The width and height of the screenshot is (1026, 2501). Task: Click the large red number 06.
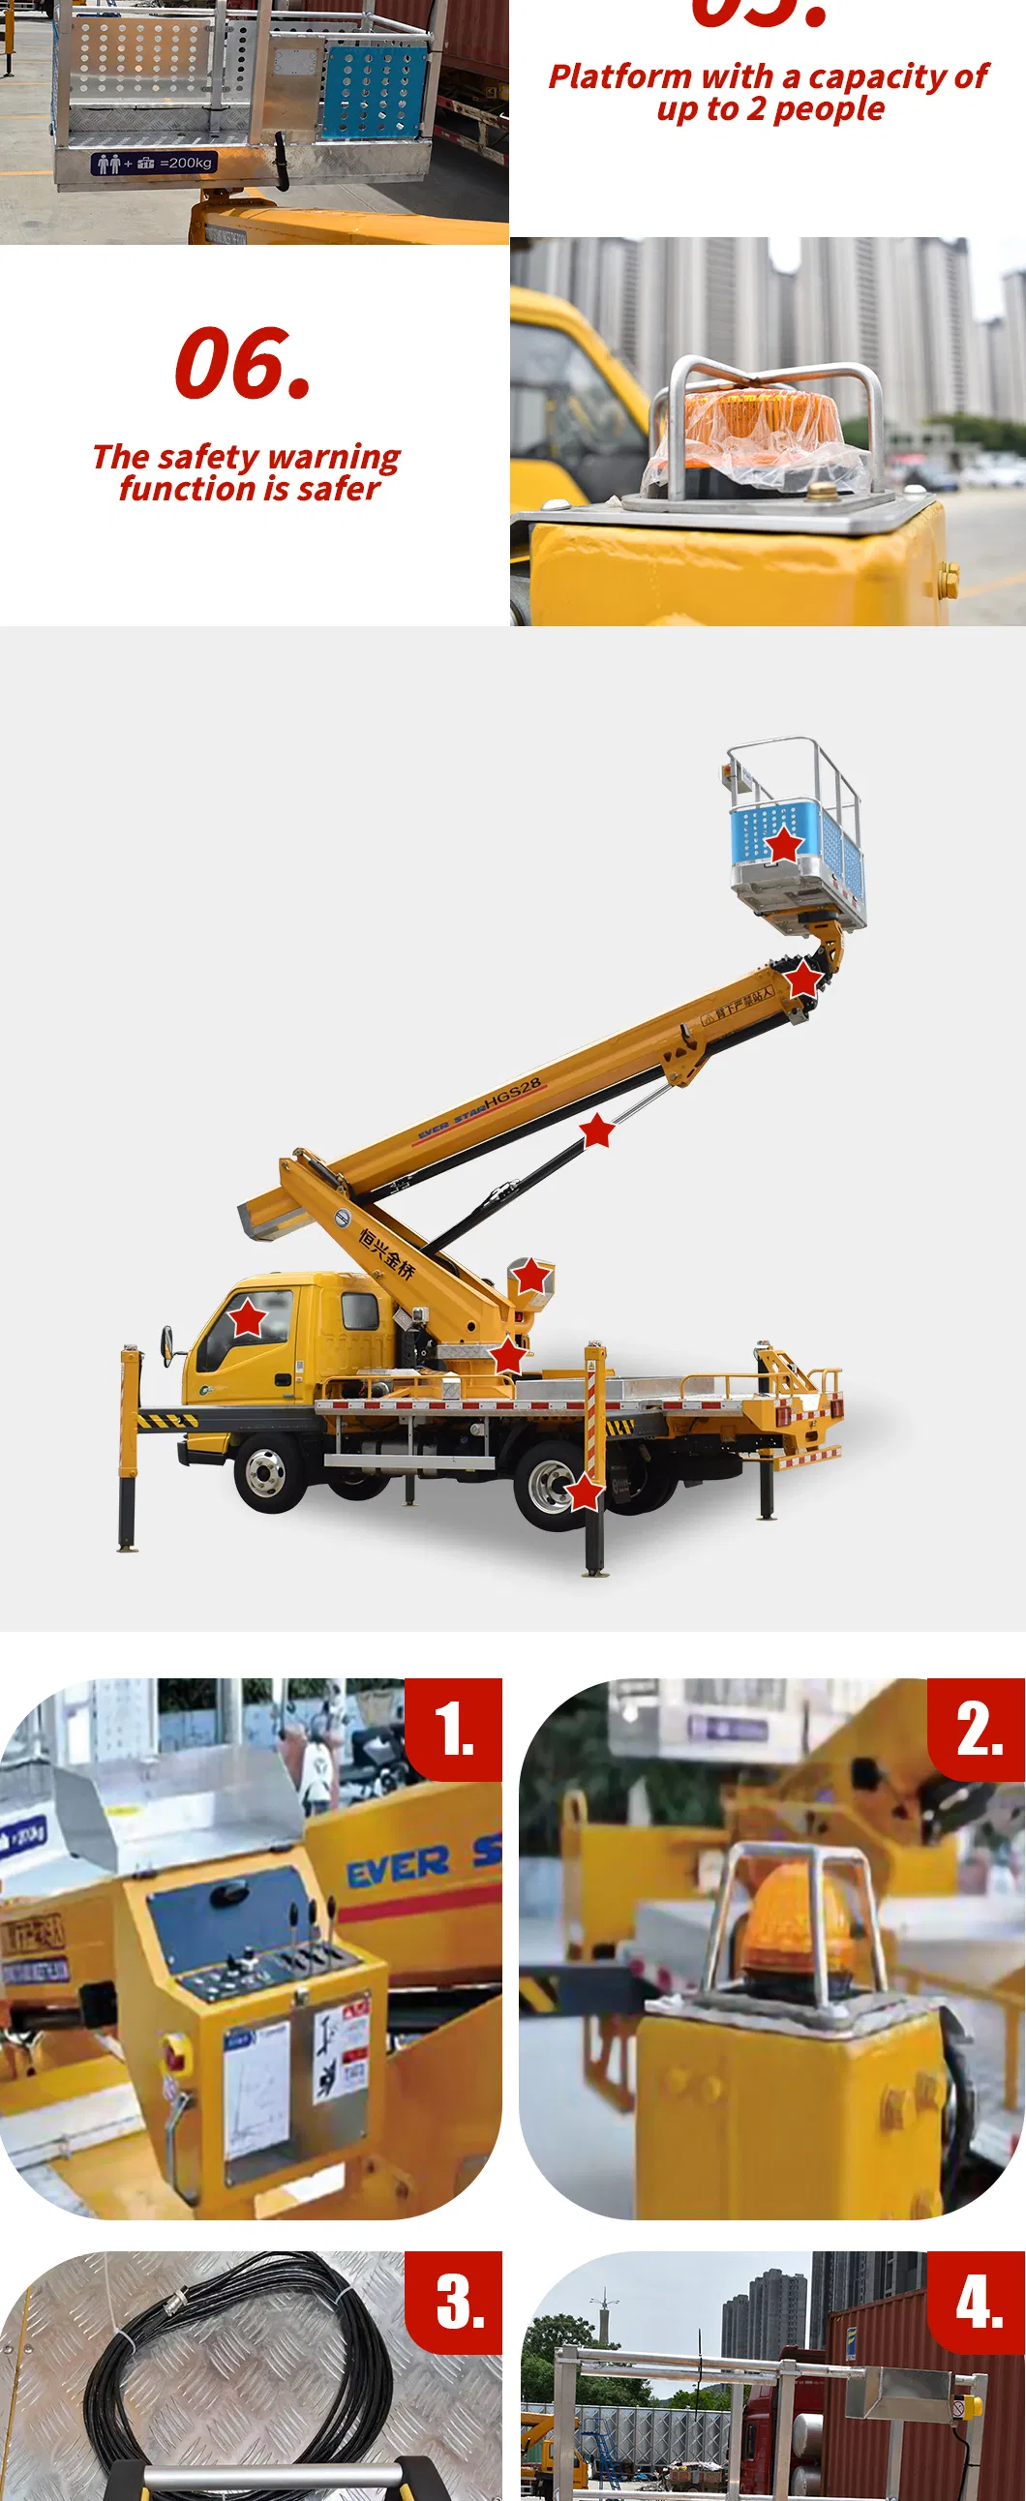[x=243, y=364]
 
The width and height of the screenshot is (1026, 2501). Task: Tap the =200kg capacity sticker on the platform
[x=152, y=164]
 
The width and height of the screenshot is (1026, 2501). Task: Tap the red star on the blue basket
[x=784, y=844]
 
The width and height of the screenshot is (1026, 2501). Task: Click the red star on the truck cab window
[x=247, y=1317]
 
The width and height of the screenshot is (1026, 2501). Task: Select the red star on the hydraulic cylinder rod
[x=596, y=1130]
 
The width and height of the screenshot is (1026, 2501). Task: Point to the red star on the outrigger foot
[x=585, y=1492]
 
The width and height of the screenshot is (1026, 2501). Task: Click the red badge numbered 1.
[x=453, y=1730]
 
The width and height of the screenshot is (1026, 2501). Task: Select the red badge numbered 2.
[x=977, y=1730]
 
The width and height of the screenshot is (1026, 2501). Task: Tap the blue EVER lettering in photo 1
[x=398, y=1866]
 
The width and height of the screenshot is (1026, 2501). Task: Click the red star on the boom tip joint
[x=801, y=979]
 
